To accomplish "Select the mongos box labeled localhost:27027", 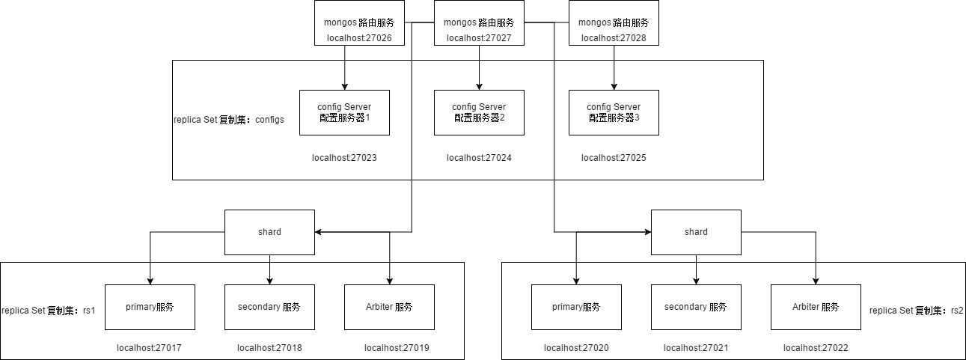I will (479, 23).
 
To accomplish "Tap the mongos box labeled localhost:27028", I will (614, 23).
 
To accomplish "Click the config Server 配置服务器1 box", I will (344, 112).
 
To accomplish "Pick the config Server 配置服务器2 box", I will (479, 112).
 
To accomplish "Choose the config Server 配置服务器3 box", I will (614, 112).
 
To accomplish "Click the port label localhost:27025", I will (614, 158).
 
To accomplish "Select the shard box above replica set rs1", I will (269, 232).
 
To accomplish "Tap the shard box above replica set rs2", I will (696, 232).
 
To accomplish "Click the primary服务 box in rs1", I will (150, 307).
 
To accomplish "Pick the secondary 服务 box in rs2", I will (696, 307).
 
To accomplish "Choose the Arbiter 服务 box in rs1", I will (389, 307).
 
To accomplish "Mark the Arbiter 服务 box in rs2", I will (816, 307).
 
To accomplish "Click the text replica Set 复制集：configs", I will (229, 120).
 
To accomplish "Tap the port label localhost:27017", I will (150, 348).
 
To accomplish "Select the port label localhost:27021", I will (696, 348).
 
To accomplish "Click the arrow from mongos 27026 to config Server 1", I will (344, 67).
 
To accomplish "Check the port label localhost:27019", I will (397, 348).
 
